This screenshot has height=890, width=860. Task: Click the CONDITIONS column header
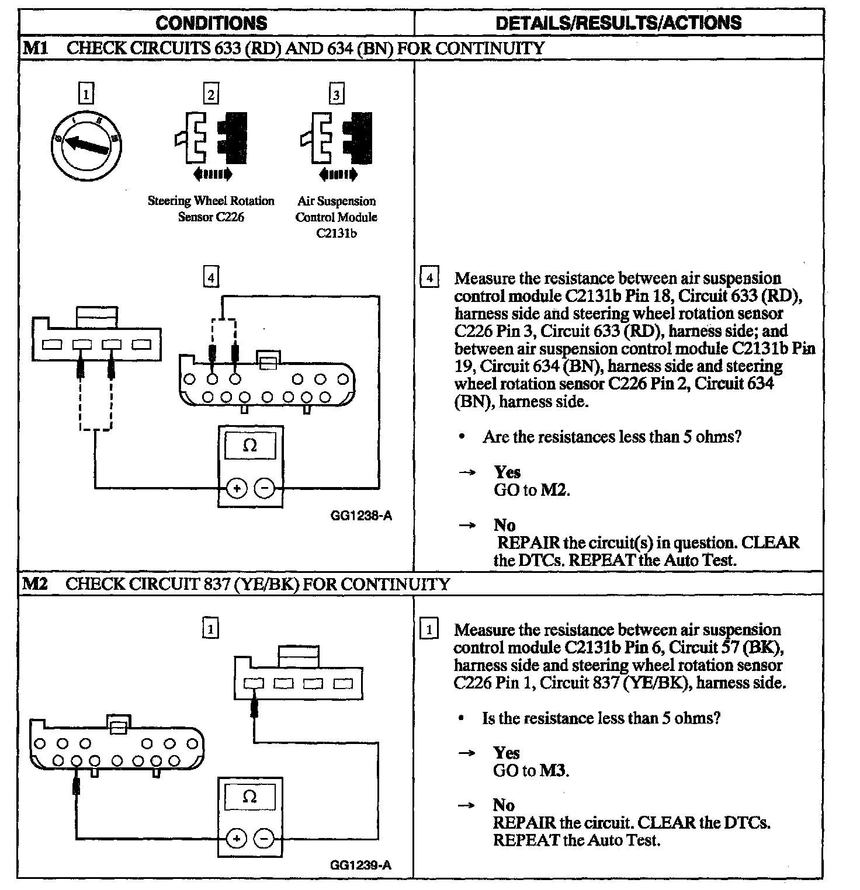pos(211,23)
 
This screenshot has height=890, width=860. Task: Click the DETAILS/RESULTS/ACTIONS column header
pos(618,23)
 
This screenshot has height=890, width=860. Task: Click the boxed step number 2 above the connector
pos(211,95)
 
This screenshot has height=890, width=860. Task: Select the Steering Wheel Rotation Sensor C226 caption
pos(211,209)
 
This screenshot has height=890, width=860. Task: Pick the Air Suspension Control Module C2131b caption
pos(337,217)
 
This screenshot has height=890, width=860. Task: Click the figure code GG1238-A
pos(360,516)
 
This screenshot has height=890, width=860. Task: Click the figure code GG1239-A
pos(360,865)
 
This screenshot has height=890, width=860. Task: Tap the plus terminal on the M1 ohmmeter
pos(236,488)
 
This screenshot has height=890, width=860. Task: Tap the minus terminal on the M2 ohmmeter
pos(264,839)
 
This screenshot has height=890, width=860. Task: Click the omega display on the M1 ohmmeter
pos(249,446)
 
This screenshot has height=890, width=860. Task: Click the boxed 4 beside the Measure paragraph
pos(429,277)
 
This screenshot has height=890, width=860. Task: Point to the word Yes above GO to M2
pos(507,472)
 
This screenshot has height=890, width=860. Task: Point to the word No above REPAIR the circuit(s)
pos(504,524)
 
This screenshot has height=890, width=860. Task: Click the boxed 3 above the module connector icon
pos(337,95)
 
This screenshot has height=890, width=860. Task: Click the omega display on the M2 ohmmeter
pos(249,797)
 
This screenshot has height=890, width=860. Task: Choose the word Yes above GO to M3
pos(506,752)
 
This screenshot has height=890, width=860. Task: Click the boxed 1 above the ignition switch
pos(86,93)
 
